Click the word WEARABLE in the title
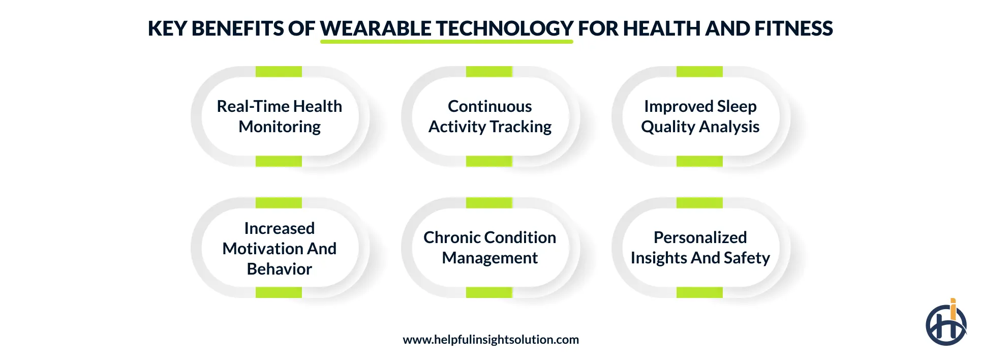click(376, 28)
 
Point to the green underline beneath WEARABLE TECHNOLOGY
click(446, 42)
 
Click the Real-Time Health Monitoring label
click(280, 116)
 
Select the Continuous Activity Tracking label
click(489, 116)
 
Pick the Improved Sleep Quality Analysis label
click(700, 116)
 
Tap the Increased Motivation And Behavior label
click(280, 248)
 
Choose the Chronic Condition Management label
click(489, 248)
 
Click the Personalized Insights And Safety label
click(700, 248)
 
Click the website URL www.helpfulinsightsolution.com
click(491, 340)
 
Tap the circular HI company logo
click(945, 324)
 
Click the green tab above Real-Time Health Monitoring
click(279, 72)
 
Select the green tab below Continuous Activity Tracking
click(489, 161)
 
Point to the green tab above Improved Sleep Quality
click(699, 72)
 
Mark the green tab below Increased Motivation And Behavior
click(279, 292)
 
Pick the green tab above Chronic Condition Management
click(489, 203)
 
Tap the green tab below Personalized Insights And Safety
click(699, 292)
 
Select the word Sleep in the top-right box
click(737, 106)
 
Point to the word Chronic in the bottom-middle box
click(447, 237)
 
